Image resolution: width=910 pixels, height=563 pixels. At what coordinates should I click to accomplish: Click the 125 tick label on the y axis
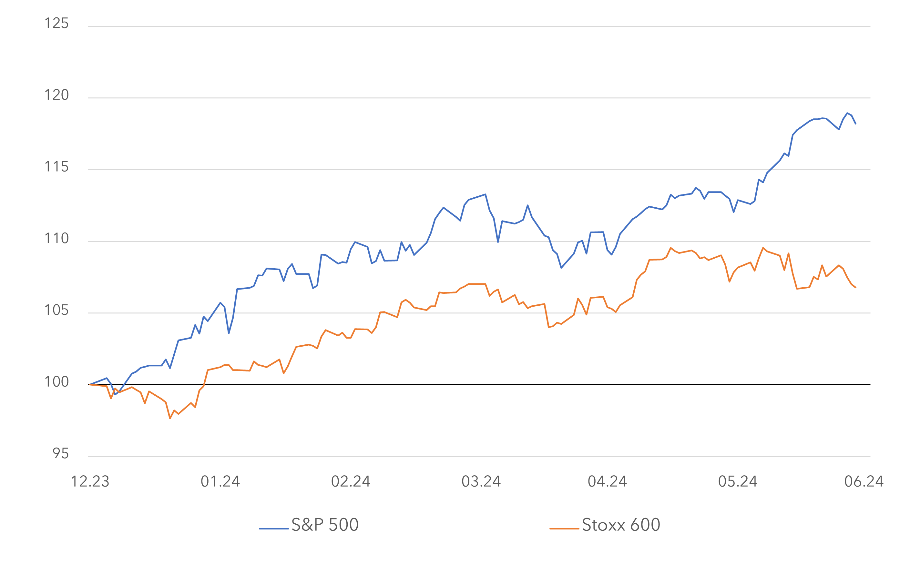click(x=56, y=24)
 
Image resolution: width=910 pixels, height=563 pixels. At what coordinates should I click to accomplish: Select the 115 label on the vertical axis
click(x=56, y=167)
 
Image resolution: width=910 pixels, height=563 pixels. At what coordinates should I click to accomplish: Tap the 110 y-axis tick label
click(x=56, y=238)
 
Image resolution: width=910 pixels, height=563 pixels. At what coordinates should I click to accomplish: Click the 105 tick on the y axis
click(x=56, y=310)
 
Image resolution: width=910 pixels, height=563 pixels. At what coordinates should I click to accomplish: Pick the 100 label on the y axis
click(x=56, y=382)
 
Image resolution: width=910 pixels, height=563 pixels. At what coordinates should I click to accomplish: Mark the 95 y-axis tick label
click(x=60, y=453)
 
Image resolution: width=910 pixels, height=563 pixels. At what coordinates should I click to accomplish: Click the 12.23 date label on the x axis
click(x=90, y=481)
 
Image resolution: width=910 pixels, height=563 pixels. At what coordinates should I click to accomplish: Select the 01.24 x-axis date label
click(x=220, y=481)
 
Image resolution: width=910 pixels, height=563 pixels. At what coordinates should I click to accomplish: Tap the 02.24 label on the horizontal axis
click(x=351, y=481)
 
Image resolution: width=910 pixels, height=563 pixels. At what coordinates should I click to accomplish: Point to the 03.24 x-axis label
click(x=481, y=481)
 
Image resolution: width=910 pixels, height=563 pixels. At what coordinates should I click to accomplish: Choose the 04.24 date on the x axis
click(x=608, y=481)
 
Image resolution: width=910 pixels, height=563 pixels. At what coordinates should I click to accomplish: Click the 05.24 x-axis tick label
click(x=738, y=481)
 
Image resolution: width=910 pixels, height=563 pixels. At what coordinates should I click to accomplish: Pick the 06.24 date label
click(x=864, y=481)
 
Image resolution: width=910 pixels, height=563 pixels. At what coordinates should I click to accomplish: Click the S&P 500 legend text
click(x=325, y=525)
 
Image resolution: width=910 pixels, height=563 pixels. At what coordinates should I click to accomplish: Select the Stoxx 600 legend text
click(x=621, y=525)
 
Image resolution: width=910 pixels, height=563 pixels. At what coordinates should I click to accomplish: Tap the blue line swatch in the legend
click(x=273, y=528)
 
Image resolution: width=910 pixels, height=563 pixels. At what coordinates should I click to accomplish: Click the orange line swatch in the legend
click(x=564, y=528)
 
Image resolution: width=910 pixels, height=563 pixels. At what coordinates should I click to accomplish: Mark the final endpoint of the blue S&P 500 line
click(x=855, y=123)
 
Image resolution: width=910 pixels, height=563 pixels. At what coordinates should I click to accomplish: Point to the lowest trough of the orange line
click(x=170, y=419)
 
